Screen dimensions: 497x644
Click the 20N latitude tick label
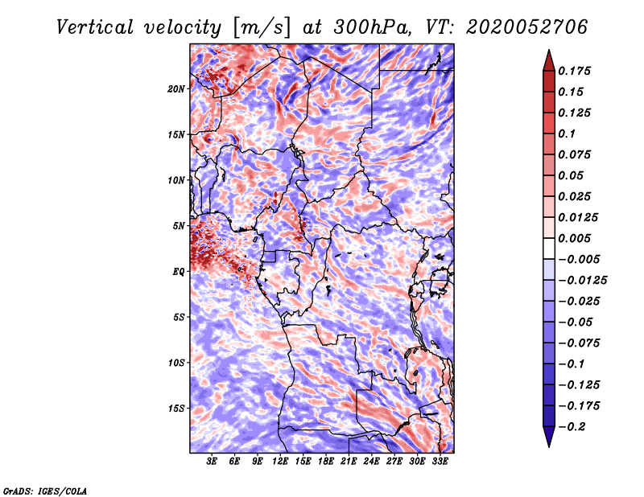point(176,88)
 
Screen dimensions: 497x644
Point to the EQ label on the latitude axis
point(179,272)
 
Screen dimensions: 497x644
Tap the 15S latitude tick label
point(176,409)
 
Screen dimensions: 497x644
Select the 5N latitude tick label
point(179,226)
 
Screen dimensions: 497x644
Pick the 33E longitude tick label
point(440,462)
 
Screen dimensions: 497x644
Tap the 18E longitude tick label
point(326,462)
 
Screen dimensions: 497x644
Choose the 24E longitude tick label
point(371,462)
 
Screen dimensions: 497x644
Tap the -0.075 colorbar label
point(580,343)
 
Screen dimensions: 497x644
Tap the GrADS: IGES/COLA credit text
point(44,490)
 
